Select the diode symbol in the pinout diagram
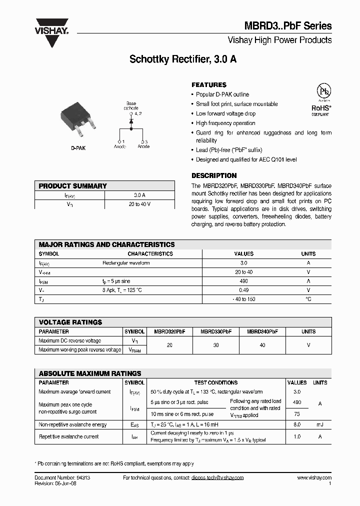[x=131, y=121]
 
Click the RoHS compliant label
[x=320, y=110]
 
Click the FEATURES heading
[x=209, y=85]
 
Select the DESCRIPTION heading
[x=214, y=176]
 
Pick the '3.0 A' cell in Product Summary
[x=139, y=195]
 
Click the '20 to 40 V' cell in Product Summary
[x=139, y=204]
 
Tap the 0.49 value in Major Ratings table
[x=243, y=290]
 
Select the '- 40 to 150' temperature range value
[x=243, y=299]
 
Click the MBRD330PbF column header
[x=216, y=331]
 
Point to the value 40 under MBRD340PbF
[x=262, y=345]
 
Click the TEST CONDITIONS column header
[x=216, y=382]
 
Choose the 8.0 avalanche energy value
[x=297, y=424]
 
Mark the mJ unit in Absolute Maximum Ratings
[x=320, y=424]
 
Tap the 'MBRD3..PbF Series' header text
[x=287, y=26]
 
